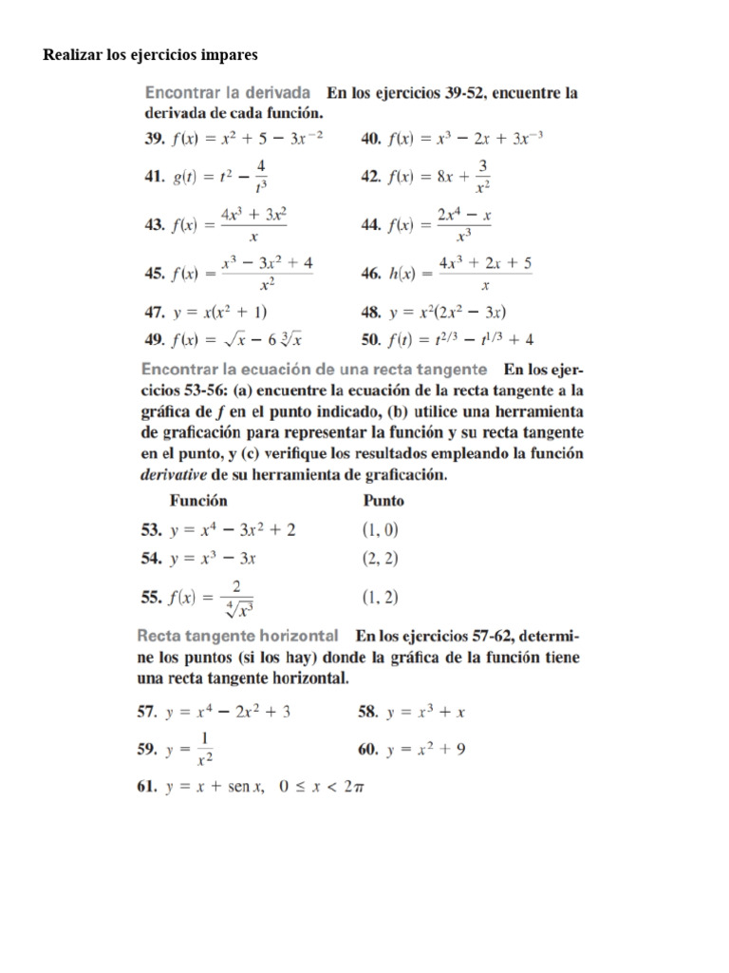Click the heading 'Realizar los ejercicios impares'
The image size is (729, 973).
[x=150, y=55]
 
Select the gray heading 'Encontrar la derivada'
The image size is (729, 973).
[x=228, y=93]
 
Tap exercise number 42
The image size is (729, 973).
[x=371, y=176]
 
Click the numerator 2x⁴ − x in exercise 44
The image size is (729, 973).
[x=463, y=216]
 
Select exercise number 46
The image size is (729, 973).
[x=371, y=273]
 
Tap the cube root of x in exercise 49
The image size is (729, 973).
[x=289, y=338]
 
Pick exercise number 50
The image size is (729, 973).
[x=371, y=338]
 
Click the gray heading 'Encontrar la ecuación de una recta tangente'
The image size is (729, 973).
[x=314, y=368]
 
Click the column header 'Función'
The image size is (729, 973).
[x=198, y=500]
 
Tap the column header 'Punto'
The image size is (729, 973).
[x=383, y=500]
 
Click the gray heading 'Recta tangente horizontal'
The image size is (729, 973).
[x=238, y=635]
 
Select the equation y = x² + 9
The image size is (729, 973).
[x=425, y=750]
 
